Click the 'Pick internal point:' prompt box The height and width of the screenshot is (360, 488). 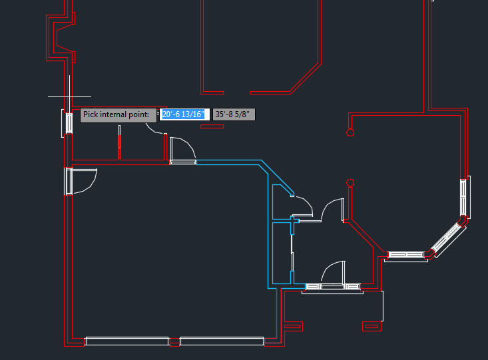pos(119,115)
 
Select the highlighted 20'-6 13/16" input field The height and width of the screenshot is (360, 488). pos(184,114)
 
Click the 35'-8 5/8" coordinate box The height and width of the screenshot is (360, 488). pos(234,114)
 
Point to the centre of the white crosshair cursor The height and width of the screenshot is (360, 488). pos(69,96)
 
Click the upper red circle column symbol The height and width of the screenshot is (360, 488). pos(350,132)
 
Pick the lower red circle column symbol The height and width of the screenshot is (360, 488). pos(350,182)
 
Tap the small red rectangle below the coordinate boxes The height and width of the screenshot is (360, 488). pos(212,126)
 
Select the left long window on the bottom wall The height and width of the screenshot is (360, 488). pos(127,341)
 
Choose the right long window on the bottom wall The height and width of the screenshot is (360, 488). pos(222,341)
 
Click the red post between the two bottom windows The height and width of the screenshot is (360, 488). pos(174,342)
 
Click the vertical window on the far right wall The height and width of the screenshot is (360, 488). pos(464,197)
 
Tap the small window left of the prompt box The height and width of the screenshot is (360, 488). pos(68,123)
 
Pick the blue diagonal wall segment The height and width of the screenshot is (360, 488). pos(276,177)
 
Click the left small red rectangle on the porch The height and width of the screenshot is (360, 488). pos(293,327)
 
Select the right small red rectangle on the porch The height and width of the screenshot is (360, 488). pos(371,327)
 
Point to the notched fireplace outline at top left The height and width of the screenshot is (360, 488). pos(61,38)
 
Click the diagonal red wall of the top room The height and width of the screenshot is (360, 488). pos(305,79)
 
